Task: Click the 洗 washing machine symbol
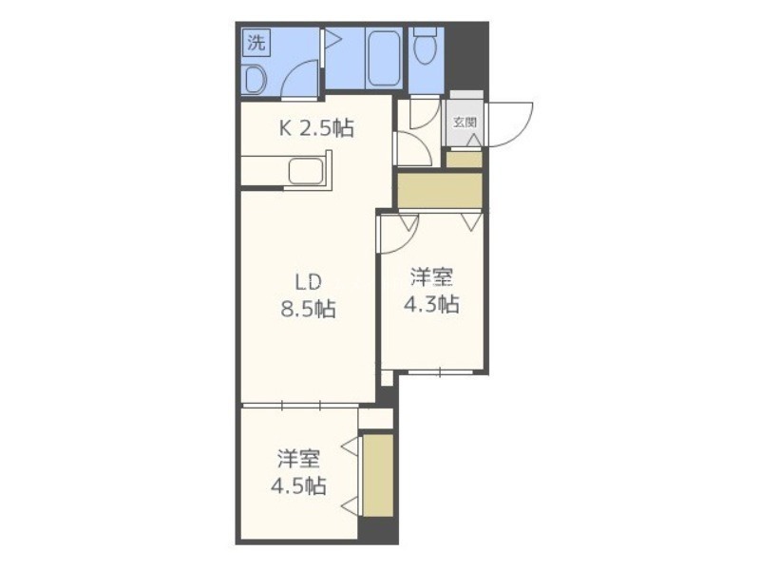click(256, 43)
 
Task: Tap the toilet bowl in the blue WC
click(426, 46)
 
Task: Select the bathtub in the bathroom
click(384, 58)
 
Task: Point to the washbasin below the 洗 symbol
click(255, 80)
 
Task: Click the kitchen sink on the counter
click(306, 172)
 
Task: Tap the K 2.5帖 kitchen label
click(316, 128)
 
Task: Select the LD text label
click(308, 281)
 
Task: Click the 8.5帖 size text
click(308, 309)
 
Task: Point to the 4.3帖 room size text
click(431, 304)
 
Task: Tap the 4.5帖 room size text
click(298, 485)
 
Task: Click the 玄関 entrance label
click(465, 123)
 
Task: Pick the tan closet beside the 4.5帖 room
click(378, 475)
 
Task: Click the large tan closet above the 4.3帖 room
click(440, 191)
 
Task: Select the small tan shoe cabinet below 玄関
click(464, 160)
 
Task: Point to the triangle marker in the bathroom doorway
click(332, 39)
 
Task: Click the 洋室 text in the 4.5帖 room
click(298, 459)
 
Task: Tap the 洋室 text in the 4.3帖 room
click(431, 277)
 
